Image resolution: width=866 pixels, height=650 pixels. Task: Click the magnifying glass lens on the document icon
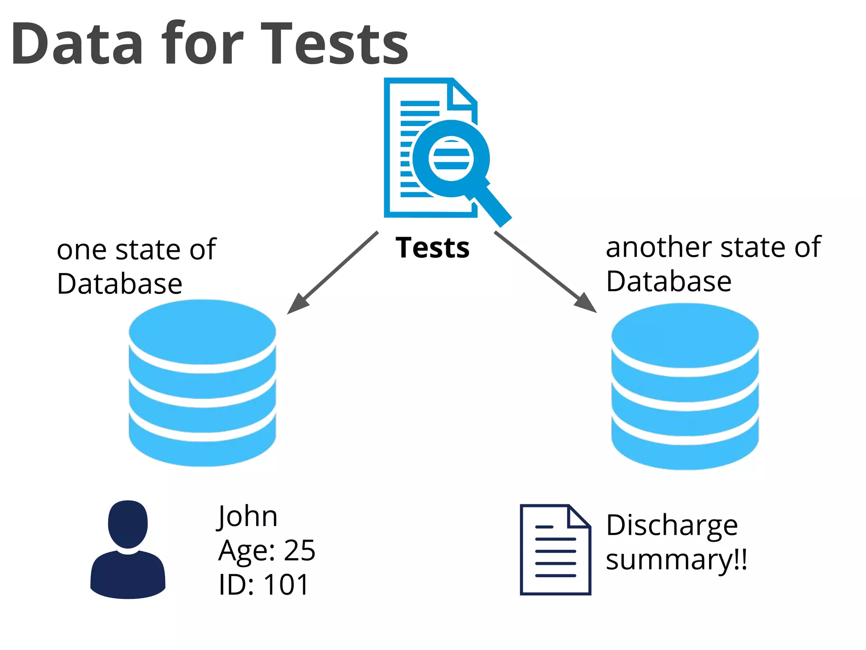pyautogui.click(x=451, y=159)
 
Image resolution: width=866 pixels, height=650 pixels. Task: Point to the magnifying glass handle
pyautogui.click(x=493, y=206)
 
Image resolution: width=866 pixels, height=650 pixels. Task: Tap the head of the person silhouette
pyautogui.click(x=128, y=524)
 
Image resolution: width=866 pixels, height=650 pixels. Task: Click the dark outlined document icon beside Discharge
pyautogui.click(x=555, y=550)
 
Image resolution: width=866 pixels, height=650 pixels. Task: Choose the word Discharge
pyautogui.click(x=671, y=526)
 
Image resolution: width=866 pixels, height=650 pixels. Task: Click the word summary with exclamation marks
pyautogui.click(x=676, y=559)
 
